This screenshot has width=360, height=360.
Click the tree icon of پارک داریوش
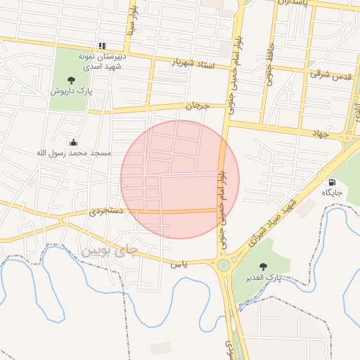click(71, 80)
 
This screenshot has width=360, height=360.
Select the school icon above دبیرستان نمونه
click(102, 46)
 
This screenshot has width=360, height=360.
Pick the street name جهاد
click(321, 133)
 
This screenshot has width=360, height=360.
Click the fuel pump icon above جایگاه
click(331, 182)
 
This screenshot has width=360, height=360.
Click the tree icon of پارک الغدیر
click(264, 266)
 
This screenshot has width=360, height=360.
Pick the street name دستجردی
click(106, 211)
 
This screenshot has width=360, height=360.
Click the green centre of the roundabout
click(224, 265)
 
